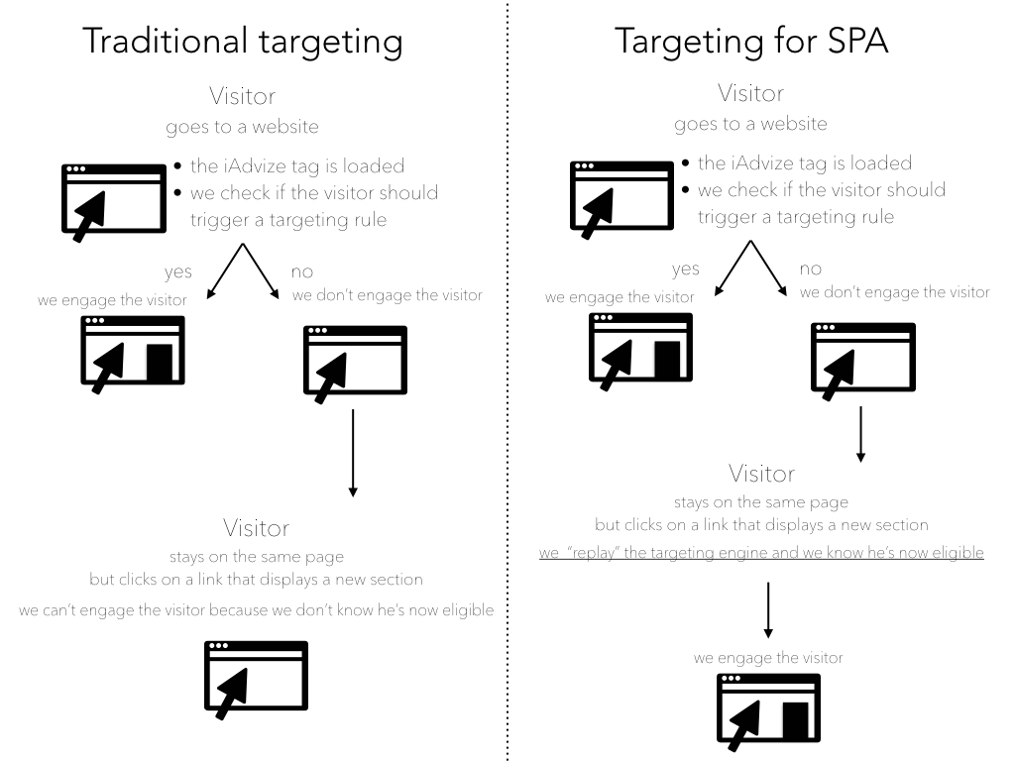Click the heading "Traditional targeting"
click(x=242, y=42)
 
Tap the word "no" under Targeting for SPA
click(x=811, y=269)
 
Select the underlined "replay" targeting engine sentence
click(x=761, y=552)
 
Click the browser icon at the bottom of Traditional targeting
click(x=256, y=678)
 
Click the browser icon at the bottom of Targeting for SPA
click(x=769, y=709)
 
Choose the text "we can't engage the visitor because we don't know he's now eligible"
click(x=256, y=609)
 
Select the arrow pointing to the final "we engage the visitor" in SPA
click(x=768, y=609)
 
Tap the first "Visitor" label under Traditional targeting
click(x=242, y=96)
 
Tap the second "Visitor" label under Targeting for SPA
click(x=761, y=474)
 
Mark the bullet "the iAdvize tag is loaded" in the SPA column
click(x=804, y=163)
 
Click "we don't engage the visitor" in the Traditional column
click(x=388, y=295)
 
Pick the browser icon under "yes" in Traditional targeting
click(x=133, y=351)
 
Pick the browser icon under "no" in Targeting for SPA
click(x=862, y=358)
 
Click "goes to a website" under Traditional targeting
click(x=242, y=128)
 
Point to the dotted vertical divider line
click(x=507, y=396)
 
